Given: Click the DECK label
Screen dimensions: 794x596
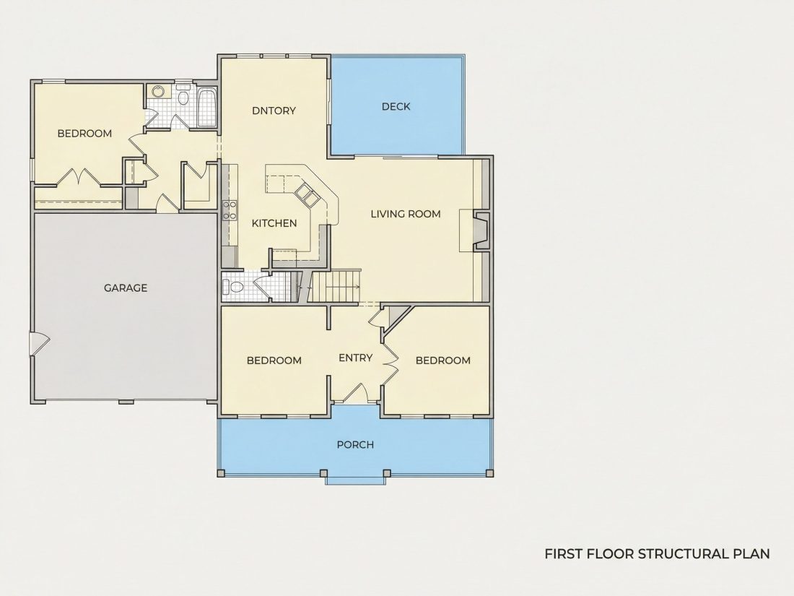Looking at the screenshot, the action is tap(396, 106).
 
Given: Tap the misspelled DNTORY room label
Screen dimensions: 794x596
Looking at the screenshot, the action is tap(274, 111).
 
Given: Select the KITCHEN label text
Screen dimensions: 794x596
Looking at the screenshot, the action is tap(274, 223).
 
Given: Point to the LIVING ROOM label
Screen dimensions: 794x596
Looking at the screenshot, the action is tap(406, 214).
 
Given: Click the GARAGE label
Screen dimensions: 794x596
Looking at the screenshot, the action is tap(126, 288).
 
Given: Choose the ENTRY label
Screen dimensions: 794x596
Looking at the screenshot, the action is tap(355, 358).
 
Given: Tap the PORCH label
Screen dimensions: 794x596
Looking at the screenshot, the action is tap(355, 444).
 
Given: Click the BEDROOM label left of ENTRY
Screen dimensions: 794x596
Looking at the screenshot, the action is tap(274, 360).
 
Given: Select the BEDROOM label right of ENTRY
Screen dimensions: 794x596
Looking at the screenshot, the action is tap(443, 360).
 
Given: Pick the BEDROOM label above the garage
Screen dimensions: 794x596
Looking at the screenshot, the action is tap(84, 134).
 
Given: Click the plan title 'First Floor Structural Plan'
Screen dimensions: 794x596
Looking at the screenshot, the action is tap(658, 554).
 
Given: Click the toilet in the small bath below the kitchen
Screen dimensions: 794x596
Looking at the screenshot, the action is tap(235, 288).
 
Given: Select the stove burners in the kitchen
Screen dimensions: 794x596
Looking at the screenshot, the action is tap(230, 210).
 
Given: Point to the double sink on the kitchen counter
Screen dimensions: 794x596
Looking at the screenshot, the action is tap(307, 194).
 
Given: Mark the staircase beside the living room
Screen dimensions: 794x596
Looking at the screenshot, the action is tap(335, 286).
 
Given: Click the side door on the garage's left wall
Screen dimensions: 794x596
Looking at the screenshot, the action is tap(39, 344).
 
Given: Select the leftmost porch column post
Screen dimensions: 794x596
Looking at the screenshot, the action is tap(221, 473).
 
